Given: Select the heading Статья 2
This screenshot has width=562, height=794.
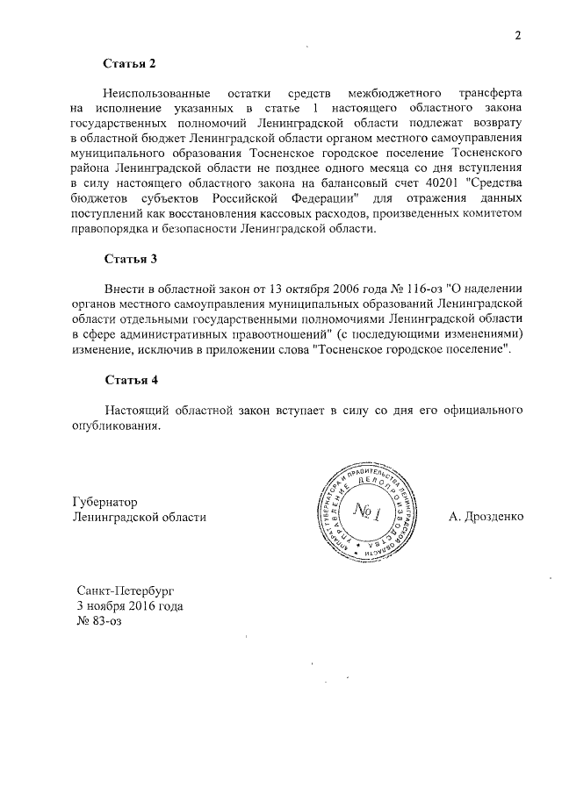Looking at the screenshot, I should (x=130, y=64).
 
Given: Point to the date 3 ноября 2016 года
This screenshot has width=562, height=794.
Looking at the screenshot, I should (x=130, y=607).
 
